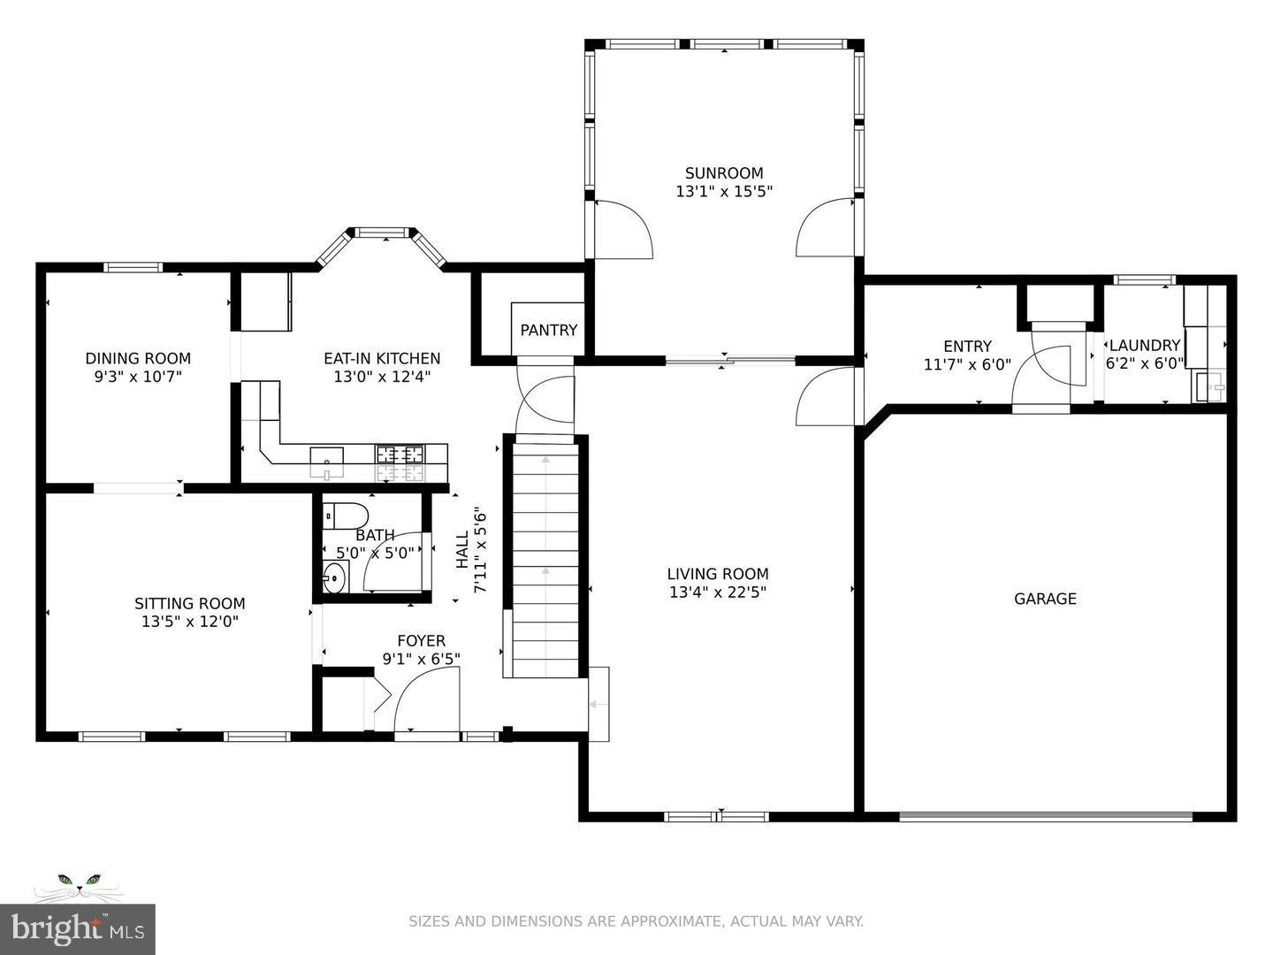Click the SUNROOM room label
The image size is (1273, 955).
724,173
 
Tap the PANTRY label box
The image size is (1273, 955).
548,330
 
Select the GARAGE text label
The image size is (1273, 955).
1045,599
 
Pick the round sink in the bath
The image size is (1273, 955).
334,579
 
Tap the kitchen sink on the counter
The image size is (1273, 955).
327,457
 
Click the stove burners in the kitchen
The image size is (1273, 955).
400,455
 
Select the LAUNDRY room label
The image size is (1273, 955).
1144,346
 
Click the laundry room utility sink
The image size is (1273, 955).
1208,386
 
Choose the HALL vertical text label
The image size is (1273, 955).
462,549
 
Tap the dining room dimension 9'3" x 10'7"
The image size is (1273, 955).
138,377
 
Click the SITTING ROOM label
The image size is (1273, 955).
190,604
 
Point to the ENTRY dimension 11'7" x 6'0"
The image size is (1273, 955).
967,364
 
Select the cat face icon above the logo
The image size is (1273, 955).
79,883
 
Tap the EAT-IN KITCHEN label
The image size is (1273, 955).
382,358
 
